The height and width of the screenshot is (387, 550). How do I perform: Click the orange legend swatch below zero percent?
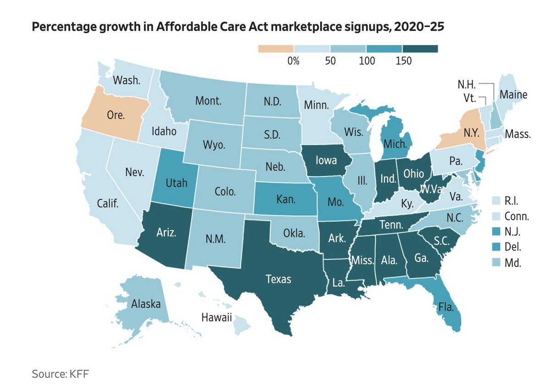[x=276, y=49]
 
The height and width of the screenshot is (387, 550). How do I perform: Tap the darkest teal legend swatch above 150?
[x=420, y=49]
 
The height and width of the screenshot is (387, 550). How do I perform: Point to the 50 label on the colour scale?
[x=329, y=61]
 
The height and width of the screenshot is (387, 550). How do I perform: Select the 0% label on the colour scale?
[x=293, y=61]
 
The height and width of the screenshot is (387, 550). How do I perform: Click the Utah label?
[x=174, y=182]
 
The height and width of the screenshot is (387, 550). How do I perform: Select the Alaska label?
[x=145, y=303]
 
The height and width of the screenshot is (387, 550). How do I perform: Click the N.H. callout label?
[x=467, y=85]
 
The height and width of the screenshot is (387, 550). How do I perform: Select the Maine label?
[x=513, y=95]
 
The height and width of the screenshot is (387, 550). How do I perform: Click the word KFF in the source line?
[x=78, y=374]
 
